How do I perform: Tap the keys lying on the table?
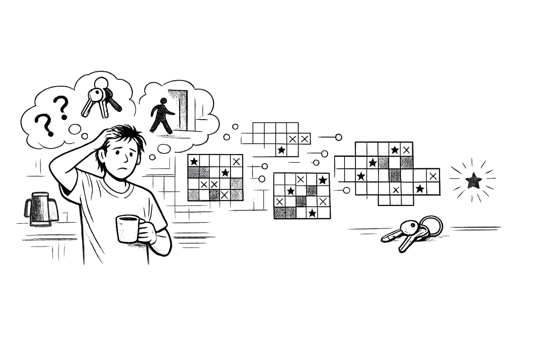click(410, 232)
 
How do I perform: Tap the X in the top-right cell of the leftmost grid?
click(236, 160)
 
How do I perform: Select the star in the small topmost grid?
click(281, 149)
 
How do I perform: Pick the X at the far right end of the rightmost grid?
click(434, 176)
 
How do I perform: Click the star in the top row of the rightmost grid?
click(395, 149)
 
